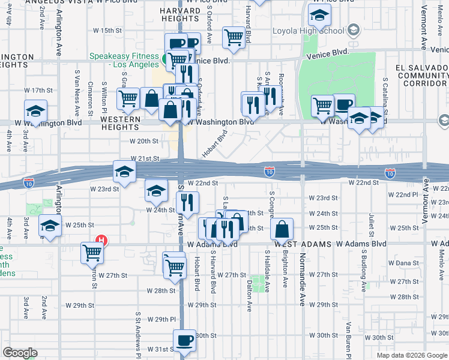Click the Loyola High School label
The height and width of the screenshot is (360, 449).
coord(308,31)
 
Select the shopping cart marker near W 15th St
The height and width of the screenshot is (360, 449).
coord(234,37)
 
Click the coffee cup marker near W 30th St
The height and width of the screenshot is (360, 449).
coord(184,340)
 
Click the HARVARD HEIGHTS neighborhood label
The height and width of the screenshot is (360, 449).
coord(181,16)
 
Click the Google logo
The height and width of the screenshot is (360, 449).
coord(20,353)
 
